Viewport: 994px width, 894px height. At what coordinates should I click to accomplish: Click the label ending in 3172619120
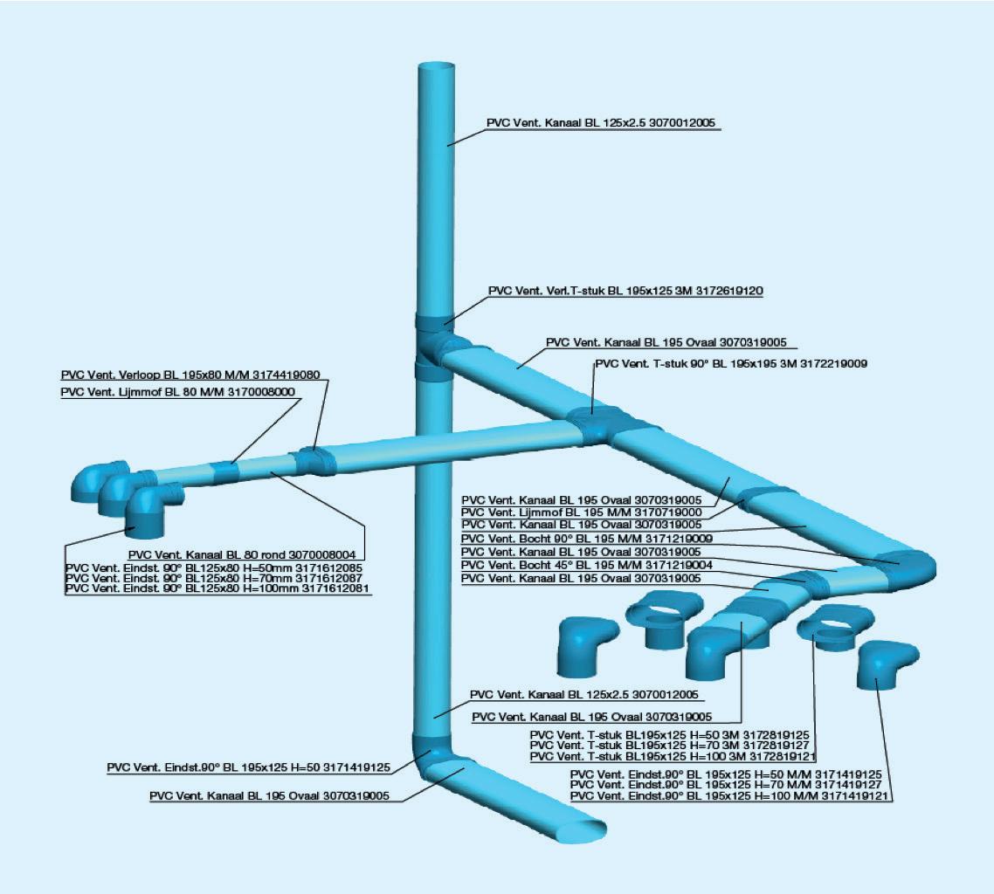[x=625, y=292]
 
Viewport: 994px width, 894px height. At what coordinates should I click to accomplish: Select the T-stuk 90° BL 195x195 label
[x=730, y=363]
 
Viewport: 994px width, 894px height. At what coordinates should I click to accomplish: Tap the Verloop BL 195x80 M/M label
[x=190, y=375]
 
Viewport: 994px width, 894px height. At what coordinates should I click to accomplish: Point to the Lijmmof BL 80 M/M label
[x=178, y=393]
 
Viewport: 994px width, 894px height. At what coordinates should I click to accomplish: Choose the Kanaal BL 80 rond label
[x=245, y=554]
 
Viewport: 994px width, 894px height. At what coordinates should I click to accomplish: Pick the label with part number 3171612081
[x=217, y=589]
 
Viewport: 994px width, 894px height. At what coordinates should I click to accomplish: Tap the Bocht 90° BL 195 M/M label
[x=586, y=540]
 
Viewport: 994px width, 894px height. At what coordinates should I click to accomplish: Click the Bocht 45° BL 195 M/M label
[x=586, y=566]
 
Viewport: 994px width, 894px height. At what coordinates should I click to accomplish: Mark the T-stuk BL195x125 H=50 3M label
[x=672, y=735]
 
